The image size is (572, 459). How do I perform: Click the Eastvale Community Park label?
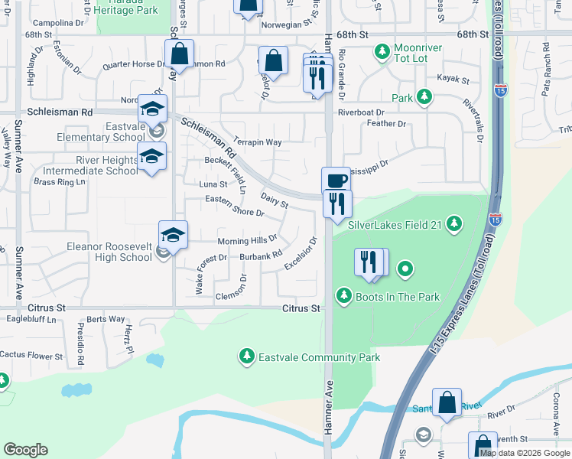pyautogui.click(x=318, y=357)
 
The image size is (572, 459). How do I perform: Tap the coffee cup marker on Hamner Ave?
pyautogui.click(x=336, y=181)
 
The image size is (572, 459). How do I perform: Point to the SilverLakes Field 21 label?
pyautogui.click(x=395, y=224)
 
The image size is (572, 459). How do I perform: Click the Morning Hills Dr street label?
pyautogui.click(x=247, y=241)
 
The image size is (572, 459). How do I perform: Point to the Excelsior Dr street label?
pyautogui.click(x=301, y=253)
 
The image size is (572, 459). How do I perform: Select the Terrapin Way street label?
pyautogui.click(x=258, y=142)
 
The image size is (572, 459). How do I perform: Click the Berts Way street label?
pyautogui.click(x=106, y=319)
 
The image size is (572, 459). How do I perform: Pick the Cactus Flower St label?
pyautogui.click(x=31, y=355)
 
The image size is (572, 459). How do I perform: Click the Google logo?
pyautogui.click(x=26, y=450)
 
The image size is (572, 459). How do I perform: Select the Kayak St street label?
pyautogui.click(x=453, y=78)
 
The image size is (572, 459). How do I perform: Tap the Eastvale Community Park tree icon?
pyautogui.click(x=246, y=356)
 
